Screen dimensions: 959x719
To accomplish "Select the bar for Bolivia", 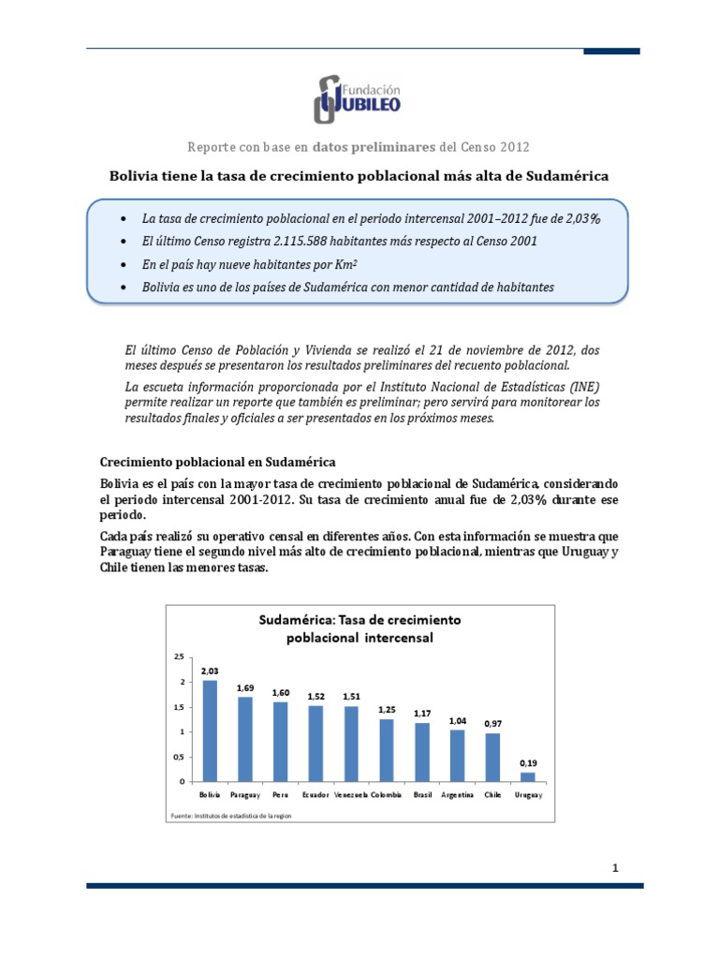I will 210,730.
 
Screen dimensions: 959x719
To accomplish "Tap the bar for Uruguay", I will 528,776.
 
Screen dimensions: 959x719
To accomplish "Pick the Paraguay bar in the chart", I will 245,739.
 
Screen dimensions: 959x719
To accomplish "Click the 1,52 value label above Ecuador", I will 316,696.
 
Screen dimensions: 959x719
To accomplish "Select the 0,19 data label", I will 528,762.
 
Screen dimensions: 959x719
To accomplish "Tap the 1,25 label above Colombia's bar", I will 388,710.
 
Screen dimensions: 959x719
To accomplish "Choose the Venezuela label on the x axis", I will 351,794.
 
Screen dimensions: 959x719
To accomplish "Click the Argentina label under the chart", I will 457,794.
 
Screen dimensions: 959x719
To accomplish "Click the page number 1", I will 615,868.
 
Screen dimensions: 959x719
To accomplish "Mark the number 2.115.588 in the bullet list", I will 280,241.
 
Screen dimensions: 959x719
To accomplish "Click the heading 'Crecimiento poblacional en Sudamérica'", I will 217,462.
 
